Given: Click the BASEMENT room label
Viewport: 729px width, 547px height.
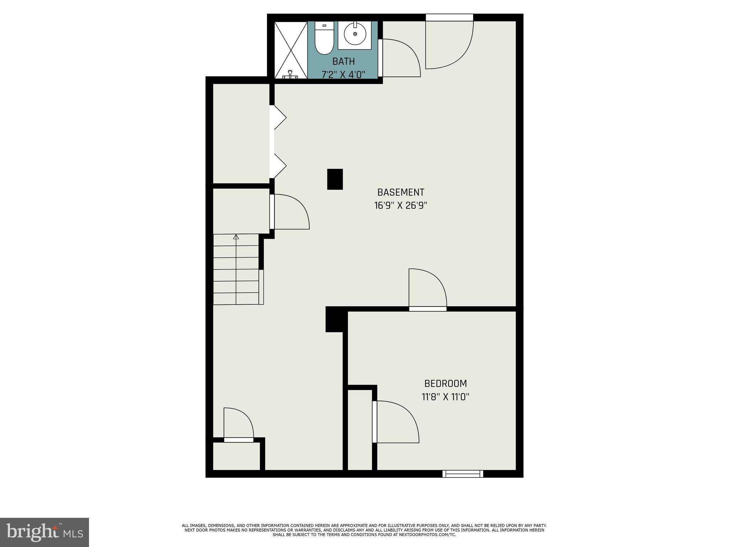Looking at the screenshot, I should [x=400, y=192].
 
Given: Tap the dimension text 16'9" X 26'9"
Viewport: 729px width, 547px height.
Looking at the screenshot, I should [x=400, y=205].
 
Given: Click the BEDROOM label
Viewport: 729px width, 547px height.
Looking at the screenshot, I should [x=445, y=384].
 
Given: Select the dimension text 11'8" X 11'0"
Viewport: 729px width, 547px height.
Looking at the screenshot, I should [x=445, y=397].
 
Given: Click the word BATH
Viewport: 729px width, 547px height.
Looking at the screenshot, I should [x=343, y=61].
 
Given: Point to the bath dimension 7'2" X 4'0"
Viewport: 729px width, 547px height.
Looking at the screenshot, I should [x=343, y=74].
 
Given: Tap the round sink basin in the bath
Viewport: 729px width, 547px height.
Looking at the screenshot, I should [x=355, y=34].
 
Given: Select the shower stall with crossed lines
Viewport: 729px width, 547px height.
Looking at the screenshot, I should [x=291, y=50].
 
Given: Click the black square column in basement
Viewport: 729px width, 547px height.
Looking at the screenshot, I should [x=335, y=179].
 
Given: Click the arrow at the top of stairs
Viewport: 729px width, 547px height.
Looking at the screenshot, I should [x=236, y=237].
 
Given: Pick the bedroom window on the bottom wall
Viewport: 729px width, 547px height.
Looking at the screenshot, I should [x=462, y=474].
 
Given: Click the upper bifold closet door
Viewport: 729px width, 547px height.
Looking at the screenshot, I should [x=279, y=117].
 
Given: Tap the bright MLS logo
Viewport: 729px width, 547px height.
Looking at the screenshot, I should [x=44, y=532].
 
